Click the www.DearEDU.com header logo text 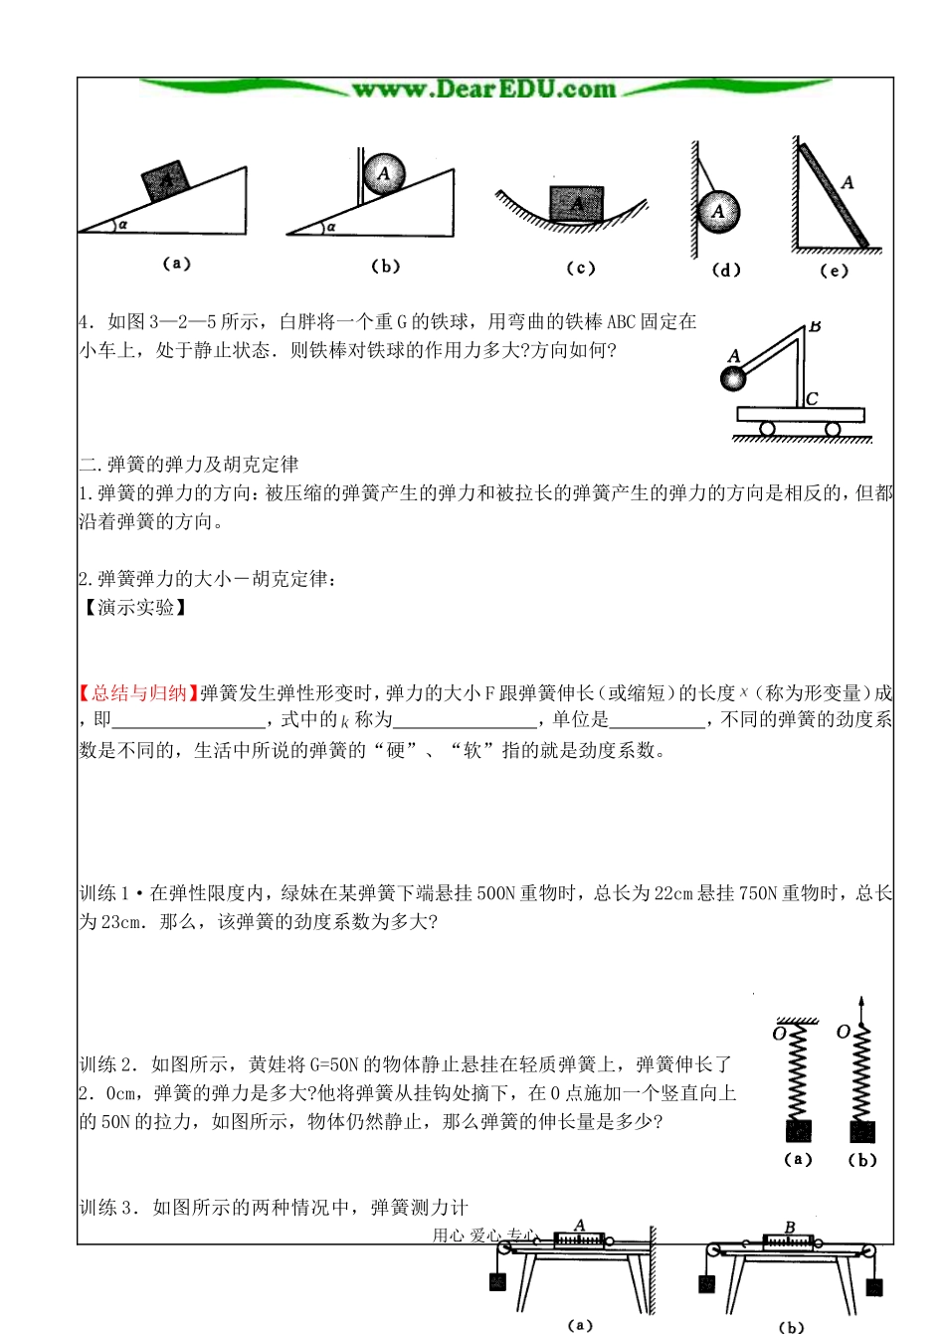(x=484, y=90)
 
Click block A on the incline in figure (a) (x=166, y=180)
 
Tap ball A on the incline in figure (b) (x=384, y=173)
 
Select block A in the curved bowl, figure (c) (x=577, y=204)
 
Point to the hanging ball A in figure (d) (x=718, y=212)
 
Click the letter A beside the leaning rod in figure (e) (x=848, y=183)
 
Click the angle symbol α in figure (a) (x=122, y=225)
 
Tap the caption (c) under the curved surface (x=580, y=268)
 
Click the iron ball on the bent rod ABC (x=734, y=378)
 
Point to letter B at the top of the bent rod (x=815, y=325)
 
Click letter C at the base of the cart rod (x=813, y=398)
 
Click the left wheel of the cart (x=767, y=429)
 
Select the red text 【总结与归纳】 (x=138, y=693)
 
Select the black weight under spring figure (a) (x=798, y=1131)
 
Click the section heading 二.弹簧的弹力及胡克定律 (x=189, y=465)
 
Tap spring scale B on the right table (x=788, y=1240)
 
